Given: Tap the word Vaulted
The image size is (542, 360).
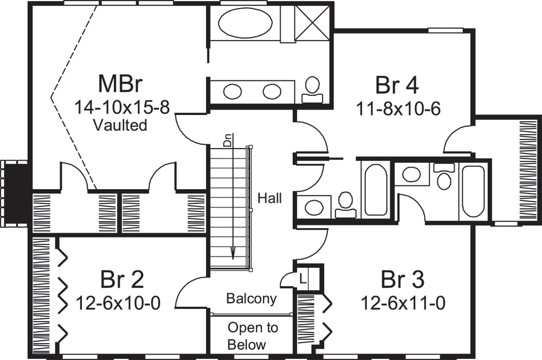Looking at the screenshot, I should [x=120, y=125].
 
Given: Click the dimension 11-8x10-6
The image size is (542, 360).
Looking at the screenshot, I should [x=398, y=109].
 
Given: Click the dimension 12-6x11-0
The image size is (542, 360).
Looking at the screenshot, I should [x=403, y=302].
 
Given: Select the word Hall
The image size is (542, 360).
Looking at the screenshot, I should [x=269, y=198].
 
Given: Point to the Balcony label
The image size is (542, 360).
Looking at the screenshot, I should [x=251, y=298].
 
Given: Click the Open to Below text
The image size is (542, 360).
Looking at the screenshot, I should [x=253, y=336].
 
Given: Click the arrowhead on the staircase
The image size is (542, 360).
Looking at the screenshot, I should [x=233, y=254].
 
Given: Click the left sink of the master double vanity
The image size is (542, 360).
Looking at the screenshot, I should [x=233, y=91].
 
